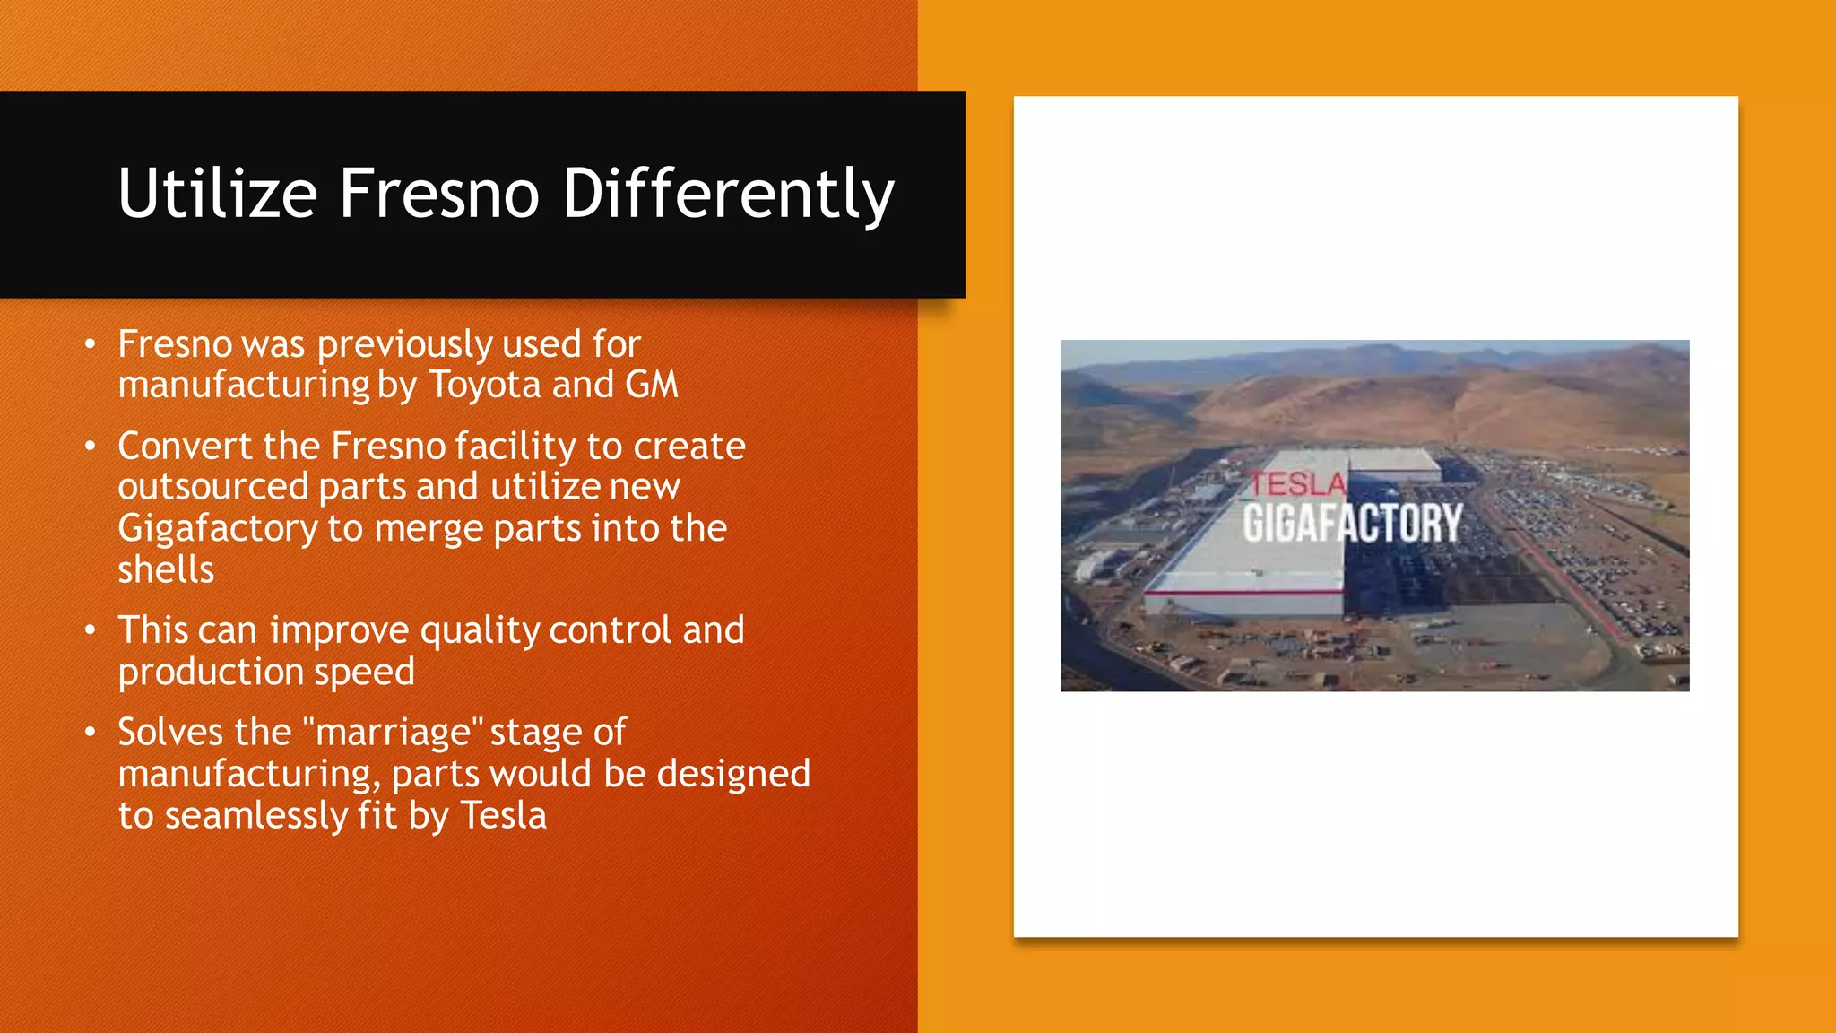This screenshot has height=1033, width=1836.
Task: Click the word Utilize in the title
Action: coord(218,193)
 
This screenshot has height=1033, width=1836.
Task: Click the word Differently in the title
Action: coord(728,193)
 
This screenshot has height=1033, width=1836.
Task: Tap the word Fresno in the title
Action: coord(439,193)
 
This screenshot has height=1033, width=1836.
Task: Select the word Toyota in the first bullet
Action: coord(485,385)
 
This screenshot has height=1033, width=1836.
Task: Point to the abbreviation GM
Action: coord(652,385)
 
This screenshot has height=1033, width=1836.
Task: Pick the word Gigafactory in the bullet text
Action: coord(218,528)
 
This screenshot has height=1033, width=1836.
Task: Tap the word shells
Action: coord(166,569)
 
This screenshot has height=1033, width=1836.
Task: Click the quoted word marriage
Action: coord(394,733)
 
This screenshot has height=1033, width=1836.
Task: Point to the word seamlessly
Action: coord(255,815)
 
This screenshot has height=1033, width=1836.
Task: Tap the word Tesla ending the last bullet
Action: coord(503,815)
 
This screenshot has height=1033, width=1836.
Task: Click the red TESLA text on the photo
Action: coord(1298,484)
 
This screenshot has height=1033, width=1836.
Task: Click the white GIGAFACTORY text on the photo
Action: coord(1352,523)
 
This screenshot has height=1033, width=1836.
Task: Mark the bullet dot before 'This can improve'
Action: coord(90,630)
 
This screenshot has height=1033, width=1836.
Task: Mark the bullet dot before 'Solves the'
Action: coord(90,733)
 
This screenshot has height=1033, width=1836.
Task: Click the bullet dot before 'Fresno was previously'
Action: coord(90,344)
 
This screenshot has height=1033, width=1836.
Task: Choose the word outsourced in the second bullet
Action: coord(212,487)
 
